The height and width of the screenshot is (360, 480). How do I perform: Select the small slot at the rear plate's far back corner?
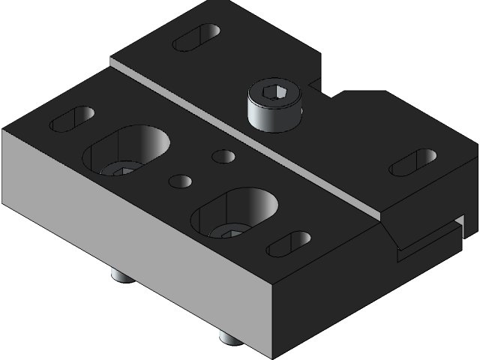[196, 37]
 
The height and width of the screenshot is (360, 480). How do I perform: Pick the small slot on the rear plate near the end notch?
[412, 162]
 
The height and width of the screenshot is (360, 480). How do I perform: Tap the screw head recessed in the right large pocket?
[228, 230]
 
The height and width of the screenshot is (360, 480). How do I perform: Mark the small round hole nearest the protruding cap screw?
[223, 156]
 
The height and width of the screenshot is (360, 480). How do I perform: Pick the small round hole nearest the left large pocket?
[181, 181]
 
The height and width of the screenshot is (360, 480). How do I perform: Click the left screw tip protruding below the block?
[121, 275]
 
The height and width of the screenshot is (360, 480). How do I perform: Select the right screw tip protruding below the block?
[229, 337]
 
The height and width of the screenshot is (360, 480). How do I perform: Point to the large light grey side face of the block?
[135, 240]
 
